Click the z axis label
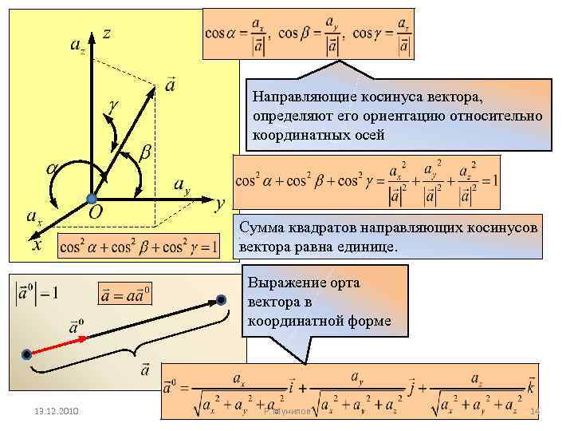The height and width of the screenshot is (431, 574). [x=106, y=34]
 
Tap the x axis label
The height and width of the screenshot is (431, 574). [x=36, y=244]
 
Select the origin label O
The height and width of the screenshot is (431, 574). [x=95, y=212]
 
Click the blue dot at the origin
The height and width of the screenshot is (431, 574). [x=92, y=198]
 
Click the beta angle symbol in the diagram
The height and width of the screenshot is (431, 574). [x=146, y=150]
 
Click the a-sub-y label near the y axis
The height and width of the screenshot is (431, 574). [x=182, y=185]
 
